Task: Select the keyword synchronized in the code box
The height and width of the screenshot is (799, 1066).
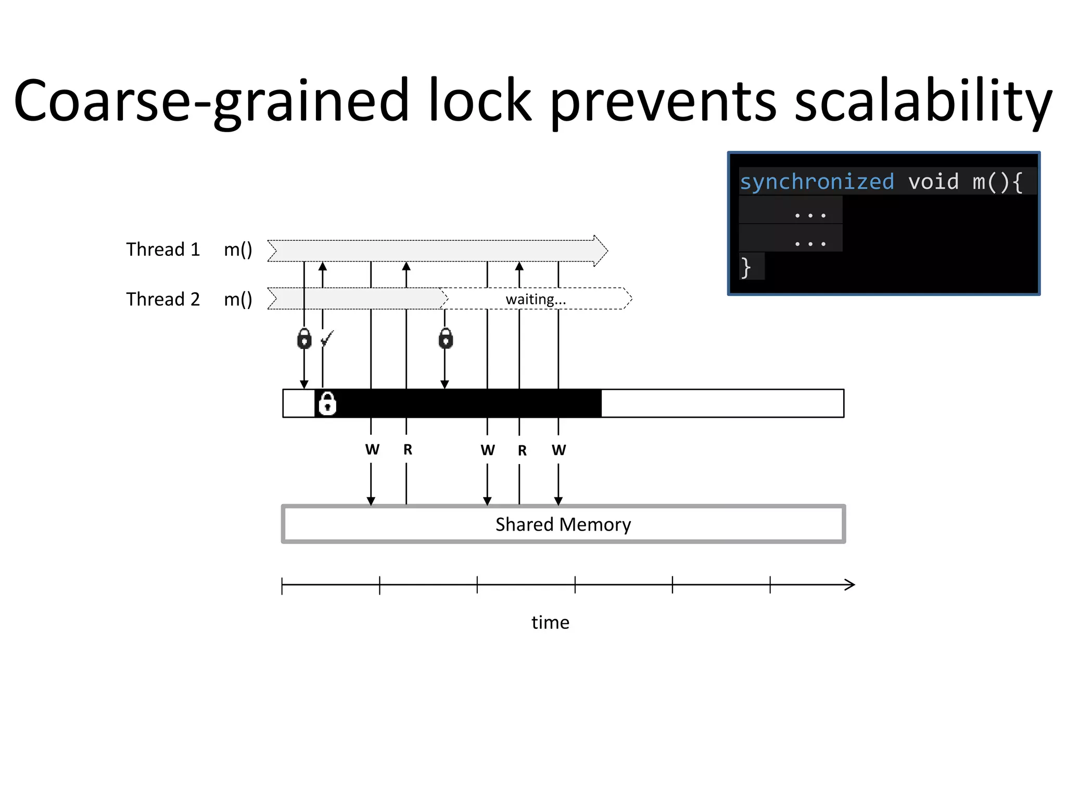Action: (817, 182)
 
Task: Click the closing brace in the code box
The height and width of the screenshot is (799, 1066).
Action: (746, 267)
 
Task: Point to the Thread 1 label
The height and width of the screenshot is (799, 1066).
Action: (163, 249)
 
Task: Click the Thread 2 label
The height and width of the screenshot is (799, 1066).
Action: (163, 299)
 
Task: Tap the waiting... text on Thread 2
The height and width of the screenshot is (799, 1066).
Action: (536, 299)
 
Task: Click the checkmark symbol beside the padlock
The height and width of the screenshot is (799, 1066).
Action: (327, 339)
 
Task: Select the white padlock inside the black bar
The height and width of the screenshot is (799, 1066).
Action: (327, 403)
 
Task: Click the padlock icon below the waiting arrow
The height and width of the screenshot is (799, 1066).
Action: (446, 339)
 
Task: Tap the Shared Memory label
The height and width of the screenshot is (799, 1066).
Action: (563, 524)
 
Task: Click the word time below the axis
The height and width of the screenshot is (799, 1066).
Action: (550, 622)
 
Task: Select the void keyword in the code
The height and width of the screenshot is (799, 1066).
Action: (933, 182)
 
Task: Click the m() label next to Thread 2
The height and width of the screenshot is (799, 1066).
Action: (238, 299)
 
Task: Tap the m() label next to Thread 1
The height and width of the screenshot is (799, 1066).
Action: (238, 249)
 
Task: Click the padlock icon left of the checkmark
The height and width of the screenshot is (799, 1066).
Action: (304, 339)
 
